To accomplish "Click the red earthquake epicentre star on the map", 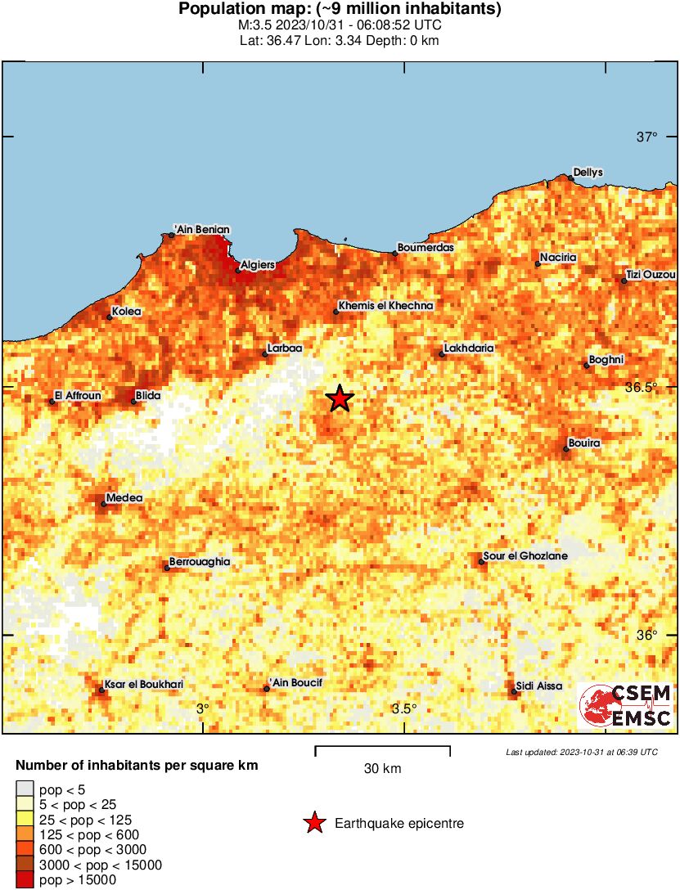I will click(340, 398).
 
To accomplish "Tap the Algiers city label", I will click(258, 265).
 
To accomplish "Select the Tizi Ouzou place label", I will click(651, 275).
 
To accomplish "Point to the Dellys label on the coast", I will click(588, 172).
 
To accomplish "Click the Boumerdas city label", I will click(425, 247).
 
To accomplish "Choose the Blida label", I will click(148, 396).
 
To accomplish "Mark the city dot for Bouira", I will click(566, 448).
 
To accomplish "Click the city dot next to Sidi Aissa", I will click(514, 692).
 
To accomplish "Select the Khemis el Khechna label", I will click(385, 306).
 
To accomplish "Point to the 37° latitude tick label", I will click(647, 137).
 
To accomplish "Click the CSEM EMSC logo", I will click(626, 705).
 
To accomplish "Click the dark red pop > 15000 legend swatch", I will click(25, 879).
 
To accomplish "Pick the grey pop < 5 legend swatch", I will click(25, 789).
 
